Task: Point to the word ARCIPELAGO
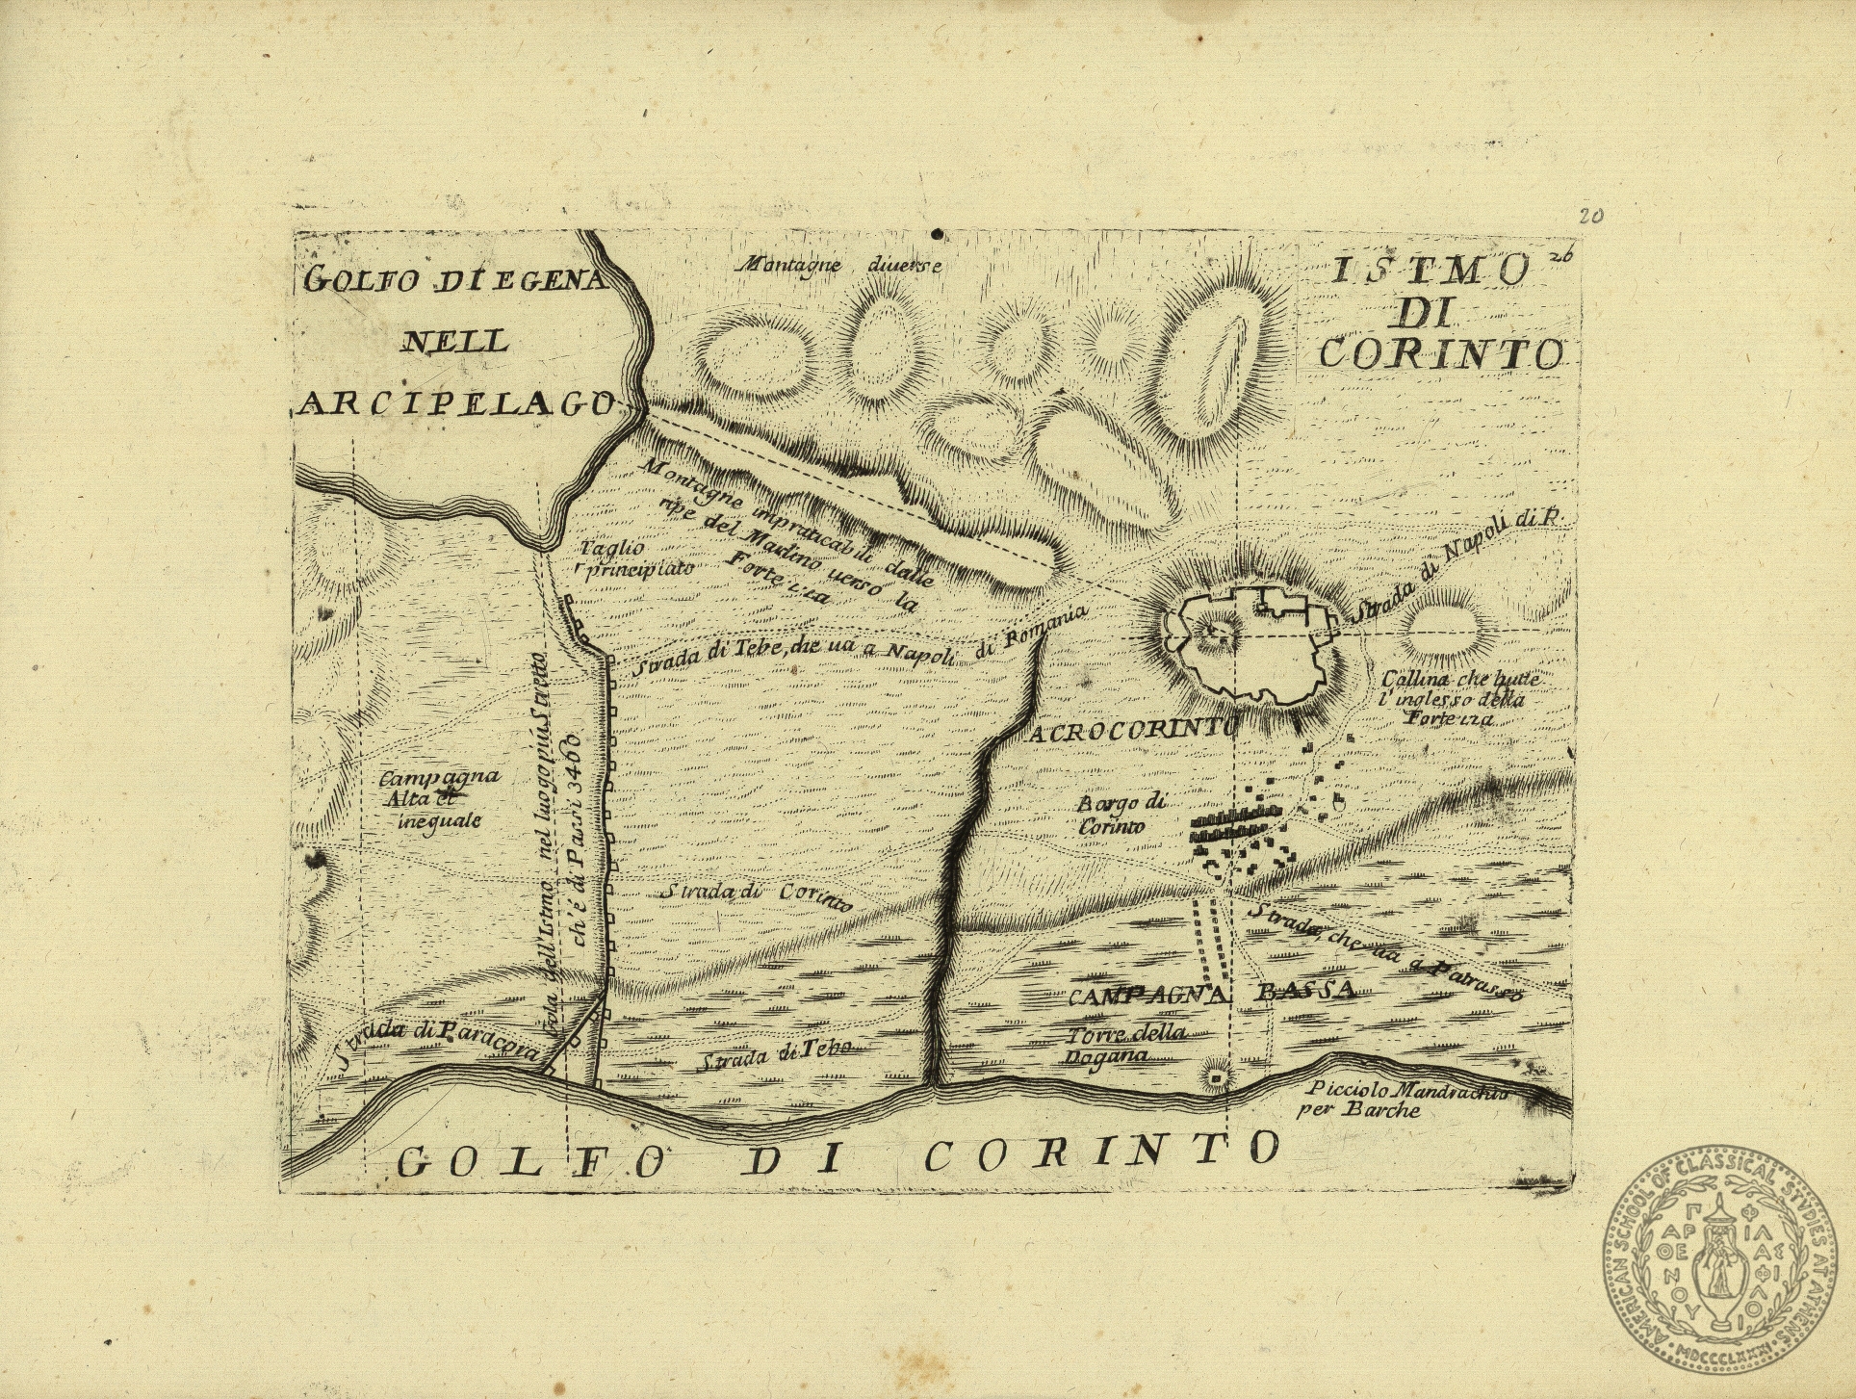456,404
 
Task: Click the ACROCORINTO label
1132,732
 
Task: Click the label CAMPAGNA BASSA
1211,993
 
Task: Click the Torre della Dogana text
1123,1044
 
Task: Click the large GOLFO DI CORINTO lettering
838,1153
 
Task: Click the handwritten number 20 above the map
1589,216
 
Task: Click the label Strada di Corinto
757,895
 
